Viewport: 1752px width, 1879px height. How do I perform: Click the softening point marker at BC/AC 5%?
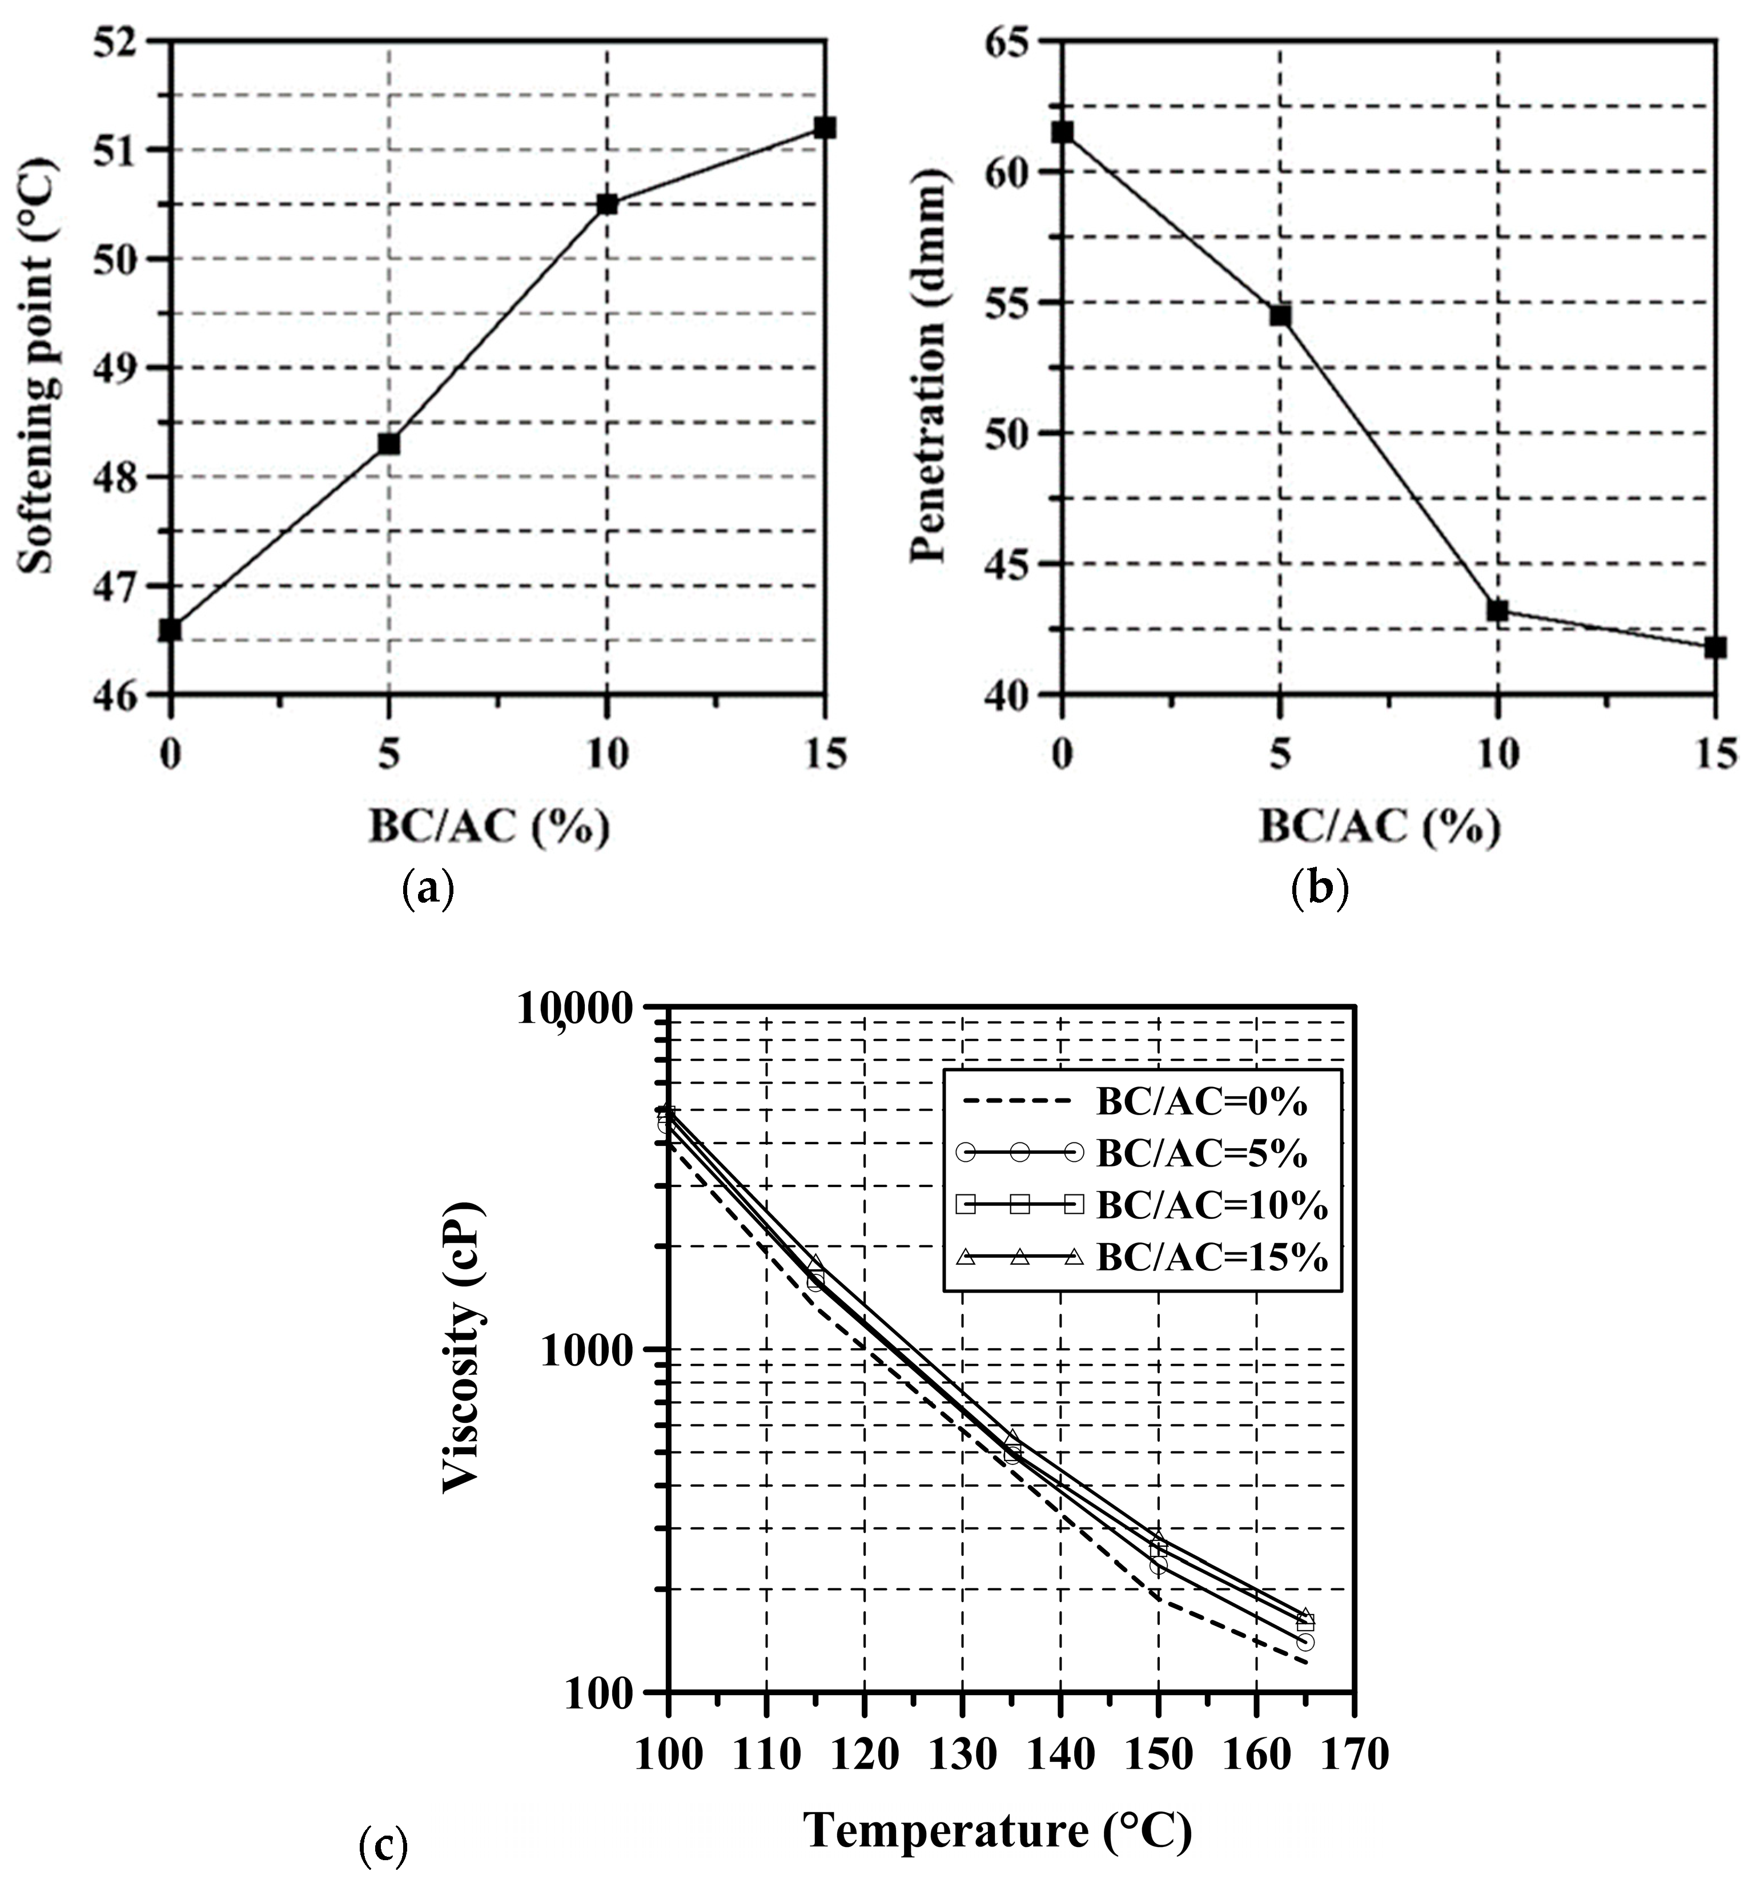(388, 442)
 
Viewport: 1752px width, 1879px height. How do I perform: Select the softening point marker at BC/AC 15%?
(825, 127)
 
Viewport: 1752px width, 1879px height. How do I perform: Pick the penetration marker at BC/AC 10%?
(1497, 610)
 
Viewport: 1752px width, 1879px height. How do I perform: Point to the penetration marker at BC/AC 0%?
(1063, 131)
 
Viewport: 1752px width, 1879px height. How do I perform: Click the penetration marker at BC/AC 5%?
(1279, 315)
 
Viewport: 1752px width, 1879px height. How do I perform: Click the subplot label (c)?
(384, 1844)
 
